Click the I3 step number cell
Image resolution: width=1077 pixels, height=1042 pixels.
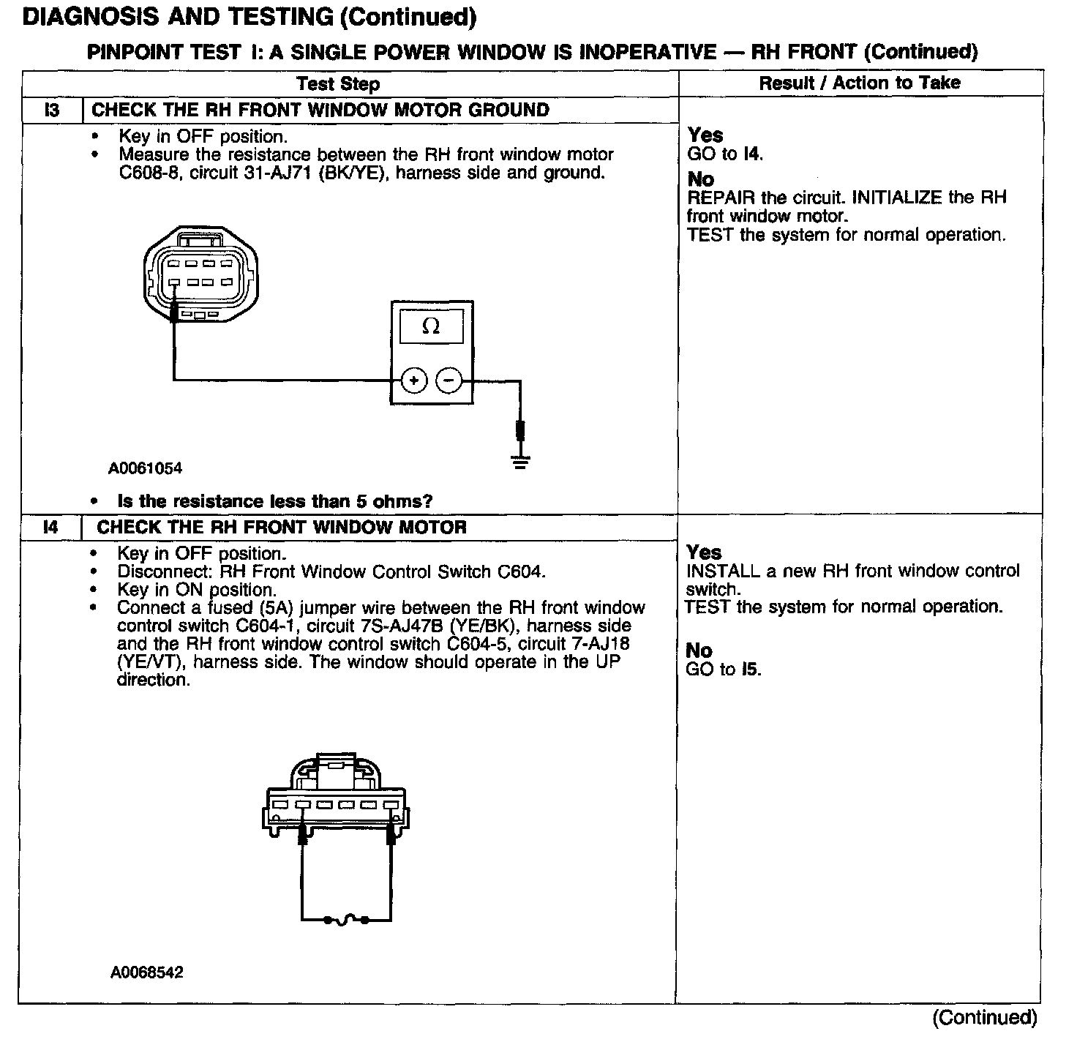click(52, 110)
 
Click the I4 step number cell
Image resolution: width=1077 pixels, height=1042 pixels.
click(50, 527)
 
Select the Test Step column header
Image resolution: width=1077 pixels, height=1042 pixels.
click(338, 83)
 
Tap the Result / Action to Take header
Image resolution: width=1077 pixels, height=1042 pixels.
click(859, 83)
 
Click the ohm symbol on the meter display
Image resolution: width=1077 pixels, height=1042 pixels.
click(431, 326)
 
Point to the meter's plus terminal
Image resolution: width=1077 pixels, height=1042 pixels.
click(413, 381)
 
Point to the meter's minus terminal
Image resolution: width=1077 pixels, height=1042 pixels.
click(449, 381)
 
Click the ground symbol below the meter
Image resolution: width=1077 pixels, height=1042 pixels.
click(520, 461)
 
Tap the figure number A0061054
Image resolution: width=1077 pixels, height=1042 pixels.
click(145, 468)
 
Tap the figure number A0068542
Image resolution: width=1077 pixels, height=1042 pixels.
click(146, 972)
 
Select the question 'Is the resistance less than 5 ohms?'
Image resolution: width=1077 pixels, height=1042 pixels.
click(275, 501)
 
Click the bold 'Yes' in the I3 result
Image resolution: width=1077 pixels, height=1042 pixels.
click(705, 135)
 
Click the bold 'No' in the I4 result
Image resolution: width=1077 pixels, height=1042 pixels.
click(699, 651)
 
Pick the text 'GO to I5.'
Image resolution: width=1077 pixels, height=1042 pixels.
click(724, 669)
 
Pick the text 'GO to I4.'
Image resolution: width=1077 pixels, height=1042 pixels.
click(725, 154)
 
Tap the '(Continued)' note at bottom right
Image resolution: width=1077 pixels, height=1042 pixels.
click(984, 1017)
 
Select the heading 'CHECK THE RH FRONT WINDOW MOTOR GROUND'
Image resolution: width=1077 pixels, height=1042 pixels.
click(320, 110)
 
